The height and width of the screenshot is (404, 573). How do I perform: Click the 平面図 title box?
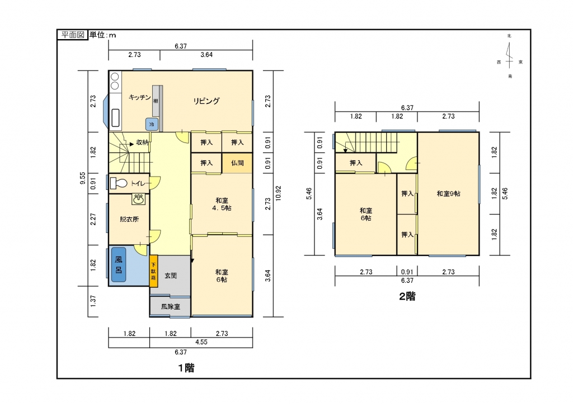point(73,35)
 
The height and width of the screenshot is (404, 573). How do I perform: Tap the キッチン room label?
point(139,97)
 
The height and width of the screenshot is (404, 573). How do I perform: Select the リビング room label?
point(206,101)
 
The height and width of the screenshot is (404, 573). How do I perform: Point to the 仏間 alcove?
point(237,163)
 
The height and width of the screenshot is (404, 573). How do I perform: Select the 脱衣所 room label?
point(129,219)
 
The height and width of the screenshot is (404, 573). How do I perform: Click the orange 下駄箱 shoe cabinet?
point(153,271)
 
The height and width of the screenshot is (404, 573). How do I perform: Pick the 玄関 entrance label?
point(171,275)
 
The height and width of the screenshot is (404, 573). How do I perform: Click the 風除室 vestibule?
point(170,306)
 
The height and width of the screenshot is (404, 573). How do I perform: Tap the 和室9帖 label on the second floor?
point(448,194)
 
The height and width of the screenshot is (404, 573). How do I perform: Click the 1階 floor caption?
point(186,368)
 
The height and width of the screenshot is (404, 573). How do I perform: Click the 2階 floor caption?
point(407,297)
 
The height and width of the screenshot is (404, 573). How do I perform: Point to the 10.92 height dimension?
point(278,193)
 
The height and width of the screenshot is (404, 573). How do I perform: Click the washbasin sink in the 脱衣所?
point(139,199)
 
